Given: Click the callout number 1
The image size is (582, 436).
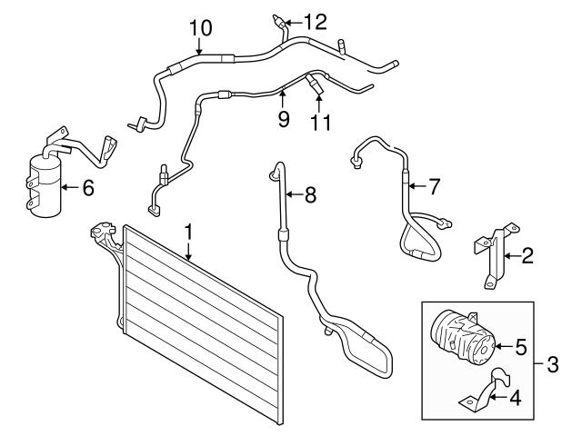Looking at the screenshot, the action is click(189, 233).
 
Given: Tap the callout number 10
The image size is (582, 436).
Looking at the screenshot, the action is click(201, 28).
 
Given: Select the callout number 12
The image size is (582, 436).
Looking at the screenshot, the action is click(316, 22).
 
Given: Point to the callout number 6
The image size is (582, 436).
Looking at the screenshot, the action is click(88, 188).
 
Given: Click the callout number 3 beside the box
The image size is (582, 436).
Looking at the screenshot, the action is click(553, 364).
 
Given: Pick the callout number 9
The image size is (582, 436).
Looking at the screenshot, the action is click(284, 119).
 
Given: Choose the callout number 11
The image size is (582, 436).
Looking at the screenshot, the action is click(321, 123).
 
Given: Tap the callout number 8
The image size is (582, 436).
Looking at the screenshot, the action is click(310, 194).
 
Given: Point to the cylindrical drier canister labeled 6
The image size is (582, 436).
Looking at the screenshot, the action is click(45, 185).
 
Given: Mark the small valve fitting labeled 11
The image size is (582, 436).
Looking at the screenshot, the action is click(315, 83).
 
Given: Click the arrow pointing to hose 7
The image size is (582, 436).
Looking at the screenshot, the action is click(416, 185).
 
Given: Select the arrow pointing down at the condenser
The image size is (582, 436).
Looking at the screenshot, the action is click(189, 252).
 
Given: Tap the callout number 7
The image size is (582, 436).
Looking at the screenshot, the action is click(434, 186).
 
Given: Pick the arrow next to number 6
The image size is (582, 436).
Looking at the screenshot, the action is click(71, 188).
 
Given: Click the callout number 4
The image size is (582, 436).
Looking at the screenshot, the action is click(516, 398).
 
